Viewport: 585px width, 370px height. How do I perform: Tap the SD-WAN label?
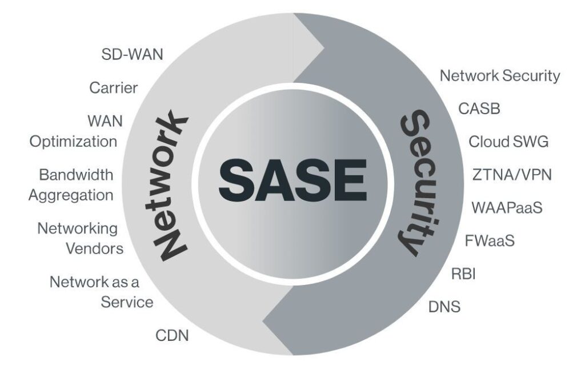[133, 54]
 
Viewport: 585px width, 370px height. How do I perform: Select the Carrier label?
[114, 88]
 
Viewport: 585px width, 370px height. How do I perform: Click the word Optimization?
[73, 142]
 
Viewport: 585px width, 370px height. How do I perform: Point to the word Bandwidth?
[76, 175]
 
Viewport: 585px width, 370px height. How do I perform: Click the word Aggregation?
[71, 195]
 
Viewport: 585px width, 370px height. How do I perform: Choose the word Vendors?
[95, 248]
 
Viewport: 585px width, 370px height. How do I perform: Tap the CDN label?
[172, 335]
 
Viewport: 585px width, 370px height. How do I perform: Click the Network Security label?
[500, 76]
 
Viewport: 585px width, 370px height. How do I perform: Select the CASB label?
[479, 108]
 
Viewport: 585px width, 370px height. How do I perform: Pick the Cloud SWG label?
[508, 142]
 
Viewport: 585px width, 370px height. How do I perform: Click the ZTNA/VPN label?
[512, 175]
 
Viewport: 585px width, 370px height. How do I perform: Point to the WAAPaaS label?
[507, 208]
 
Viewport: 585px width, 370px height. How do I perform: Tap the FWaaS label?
[490, 240]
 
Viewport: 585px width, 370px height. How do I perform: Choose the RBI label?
[463, 274]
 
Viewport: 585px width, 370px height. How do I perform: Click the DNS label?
[444, 307]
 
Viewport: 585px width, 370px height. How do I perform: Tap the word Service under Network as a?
[127, 302]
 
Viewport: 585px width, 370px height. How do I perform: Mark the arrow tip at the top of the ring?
[324, 48]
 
